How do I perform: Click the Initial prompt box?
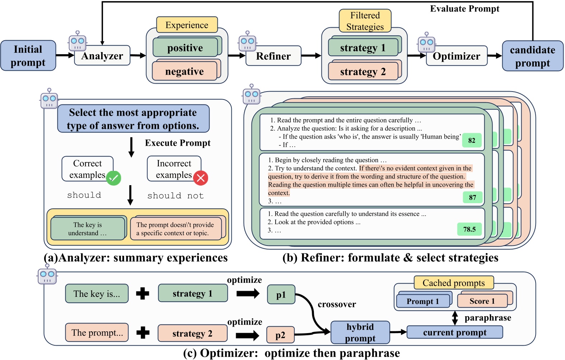(28, 56)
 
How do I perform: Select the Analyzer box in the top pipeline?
(102, 56)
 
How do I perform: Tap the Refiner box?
(273, 56)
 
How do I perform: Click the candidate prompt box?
(532, 56)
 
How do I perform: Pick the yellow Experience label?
(187, 25)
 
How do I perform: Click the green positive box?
(185, 47)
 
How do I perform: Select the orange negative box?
(184, 71)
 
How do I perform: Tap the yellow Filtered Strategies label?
(365, 21)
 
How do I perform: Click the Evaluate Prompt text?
(465, 9)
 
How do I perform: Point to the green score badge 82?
(472, 140)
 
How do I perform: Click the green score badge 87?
(472, 197)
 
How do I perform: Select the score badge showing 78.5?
(469, 229)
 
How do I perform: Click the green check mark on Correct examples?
(114, 178)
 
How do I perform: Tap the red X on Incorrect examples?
(201, 178)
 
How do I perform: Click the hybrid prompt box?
(360, 332)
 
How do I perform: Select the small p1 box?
(281, 295)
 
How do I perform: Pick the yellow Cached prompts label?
(453, 283)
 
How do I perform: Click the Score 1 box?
(482, 301)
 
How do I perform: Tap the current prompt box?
(455, 332)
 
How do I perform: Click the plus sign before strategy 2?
(143, 332)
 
